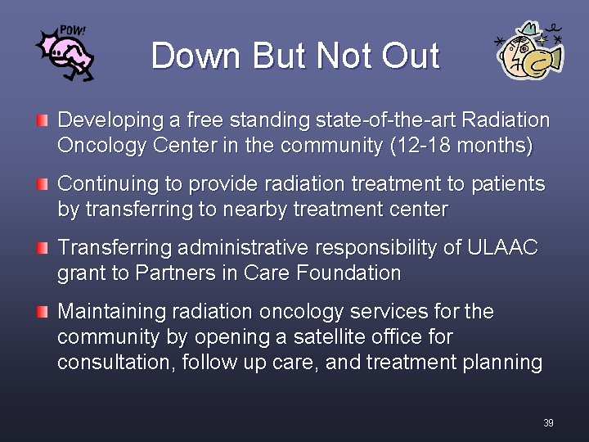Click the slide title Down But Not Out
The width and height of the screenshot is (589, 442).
pos(295,56)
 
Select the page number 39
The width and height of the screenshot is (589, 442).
pos(547,422)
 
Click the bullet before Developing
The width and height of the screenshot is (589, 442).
pos(42,121)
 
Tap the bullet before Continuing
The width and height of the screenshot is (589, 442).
pos(42,185)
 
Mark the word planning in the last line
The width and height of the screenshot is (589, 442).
pos(505,362)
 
